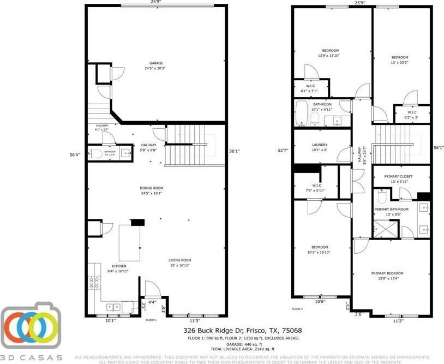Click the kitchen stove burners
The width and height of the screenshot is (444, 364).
(94, 283)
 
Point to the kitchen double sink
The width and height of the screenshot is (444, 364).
(113, 307)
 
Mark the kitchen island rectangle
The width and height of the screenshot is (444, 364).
(130, 242)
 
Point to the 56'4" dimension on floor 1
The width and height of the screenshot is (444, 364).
(75, 154)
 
